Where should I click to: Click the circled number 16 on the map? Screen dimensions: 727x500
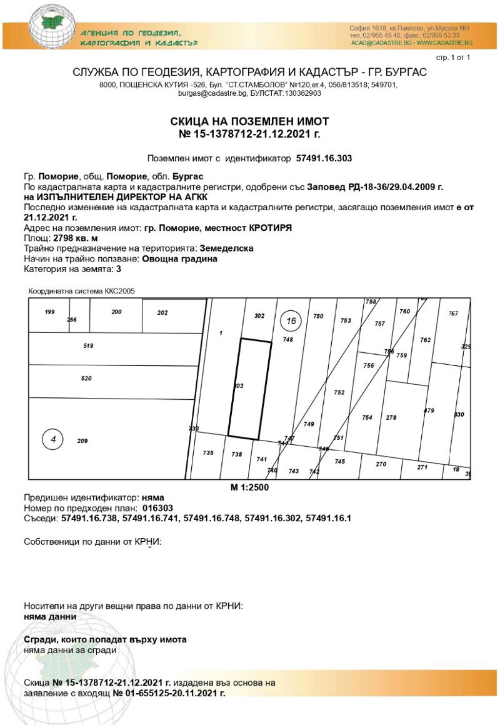pyautogui.click(x=291, y=322)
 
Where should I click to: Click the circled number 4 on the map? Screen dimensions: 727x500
pyautogui.click(x=53, y=440)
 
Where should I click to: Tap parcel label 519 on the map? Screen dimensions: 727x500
pyautogui.click(x=88, y=345)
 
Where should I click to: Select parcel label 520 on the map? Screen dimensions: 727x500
pyautogui.click(x=86, y=379)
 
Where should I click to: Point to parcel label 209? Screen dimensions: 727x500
pyautogui.click(x=82, y=441)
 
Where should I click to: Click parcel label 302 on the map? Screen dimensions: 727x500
pyautogui.click(x=259, y=317)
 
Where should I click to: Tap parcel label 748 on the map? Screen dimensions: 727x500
pyautogui.click(x=288, y=340)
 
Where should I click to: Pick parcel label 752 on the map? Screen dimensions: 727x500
pyautogui.click(x=339, y=393)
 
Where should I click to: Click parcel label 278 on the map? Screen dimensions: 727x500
pyautogui.click(x=391, y=418)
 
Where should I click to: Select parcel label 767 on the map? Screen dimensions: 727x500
pyautogui.click(x=454, y=313)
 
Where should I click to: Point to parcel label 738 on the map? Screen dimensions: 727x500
pyautogui.click(x=236, y=455)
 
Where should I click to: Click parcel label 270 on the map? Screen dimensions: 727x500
pyautogui.click(x=381, y=464)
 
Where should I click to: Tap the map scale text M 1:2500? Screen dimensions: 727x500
pyautogui.click(x=250, y=487)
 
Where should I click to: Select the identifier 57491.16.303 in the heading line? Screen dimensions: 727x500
pyautogui.click(x=324, y=159)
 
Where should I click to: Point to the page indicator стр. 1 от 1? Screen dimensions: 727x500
pyautogui.click(x=452, y=58)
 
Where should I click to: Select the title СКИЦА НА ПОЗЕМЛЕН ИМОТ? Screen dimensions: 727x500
pyautogui.click(x=249, y=121)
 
